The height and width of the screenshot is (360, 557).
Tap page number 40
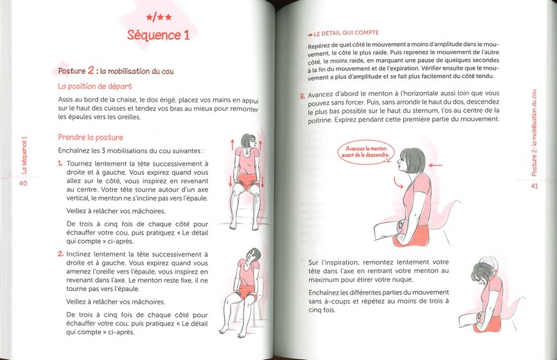tap(23, 183)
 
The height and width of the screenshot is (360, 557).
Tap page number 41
tap(535, 186)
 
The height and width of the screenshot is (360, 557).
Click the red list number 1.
tap(61, 164)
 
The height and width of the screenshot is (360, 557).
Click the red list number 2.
tap(61, 255)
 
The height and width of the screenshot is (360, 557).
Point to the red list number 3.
tap(302, 97)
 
